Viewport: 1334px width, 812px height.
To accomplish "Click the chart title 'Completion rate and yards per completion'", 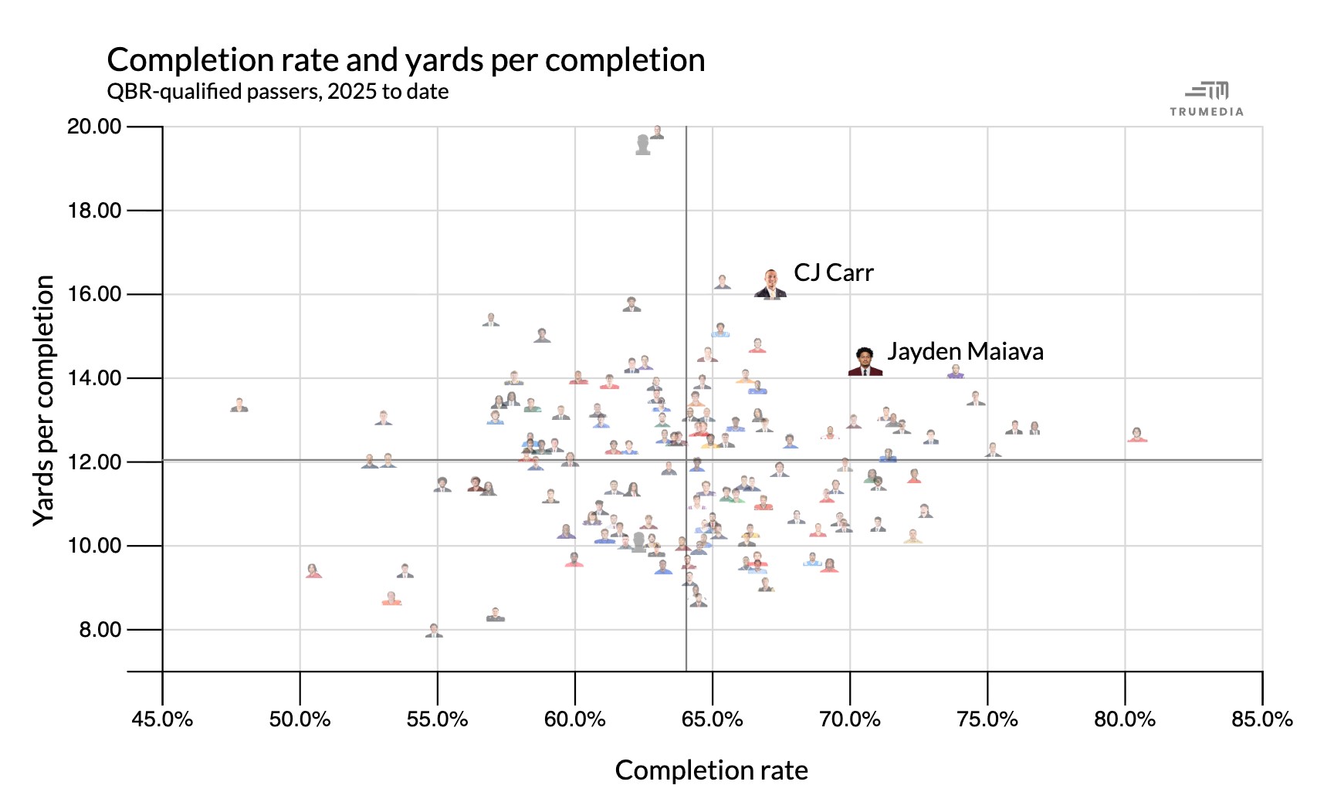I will pos(405,60).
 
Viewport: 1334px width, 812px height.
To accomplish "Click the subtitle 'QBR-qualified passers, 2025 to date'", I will pos(277,92).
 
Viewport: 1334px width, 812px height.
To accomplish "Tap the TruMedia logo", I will pos(1207,99).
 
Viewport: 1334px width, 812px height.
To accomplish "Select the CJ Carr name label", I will pos(833,273).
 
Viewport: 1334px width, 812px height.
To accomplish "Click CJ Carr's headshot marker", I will pos(770,285).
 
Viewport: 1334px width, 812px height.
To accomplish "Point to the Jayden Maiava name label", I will pos(965,352).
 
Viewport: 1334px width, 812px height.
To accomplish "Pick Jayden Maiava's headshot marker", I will pos(865,362).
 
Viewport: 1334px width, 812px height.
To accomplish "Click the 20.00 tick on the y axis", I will pos(94,127).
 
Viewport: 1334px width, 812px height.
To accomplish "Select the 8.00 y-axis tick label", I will pos(99,630).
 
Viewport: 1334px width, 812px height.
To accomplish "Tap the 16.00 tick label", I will pos(94,294).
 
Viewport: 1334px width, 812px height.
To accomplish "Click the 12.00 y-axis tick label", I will pos(94,462).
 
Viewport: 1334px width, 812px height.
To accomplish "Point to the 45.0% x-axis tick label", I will pos(162,719).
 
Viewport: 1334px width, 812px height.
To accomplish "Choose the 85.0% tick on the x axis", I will pos(1261,719).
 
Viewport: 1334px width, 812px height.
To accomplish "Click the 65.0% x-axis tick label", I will pos(712,719).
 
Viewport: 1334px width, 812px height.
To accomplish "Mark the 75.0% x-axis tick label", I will pos(987,719).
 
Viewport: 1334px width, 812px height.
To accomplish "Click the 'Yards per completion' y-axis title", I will pos(44,401).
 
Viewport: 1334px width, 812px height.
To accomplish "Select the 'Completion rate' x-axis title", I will pos(711,770).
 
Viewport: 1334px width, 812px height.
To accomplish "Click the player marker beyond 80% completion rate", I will pos(1136,435).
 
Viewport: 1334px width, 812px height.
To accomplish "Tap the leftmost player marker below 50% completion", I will pos(239,405).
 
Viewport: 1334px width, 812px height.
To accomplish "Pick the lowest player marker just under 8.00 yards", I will pos(434,631).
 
